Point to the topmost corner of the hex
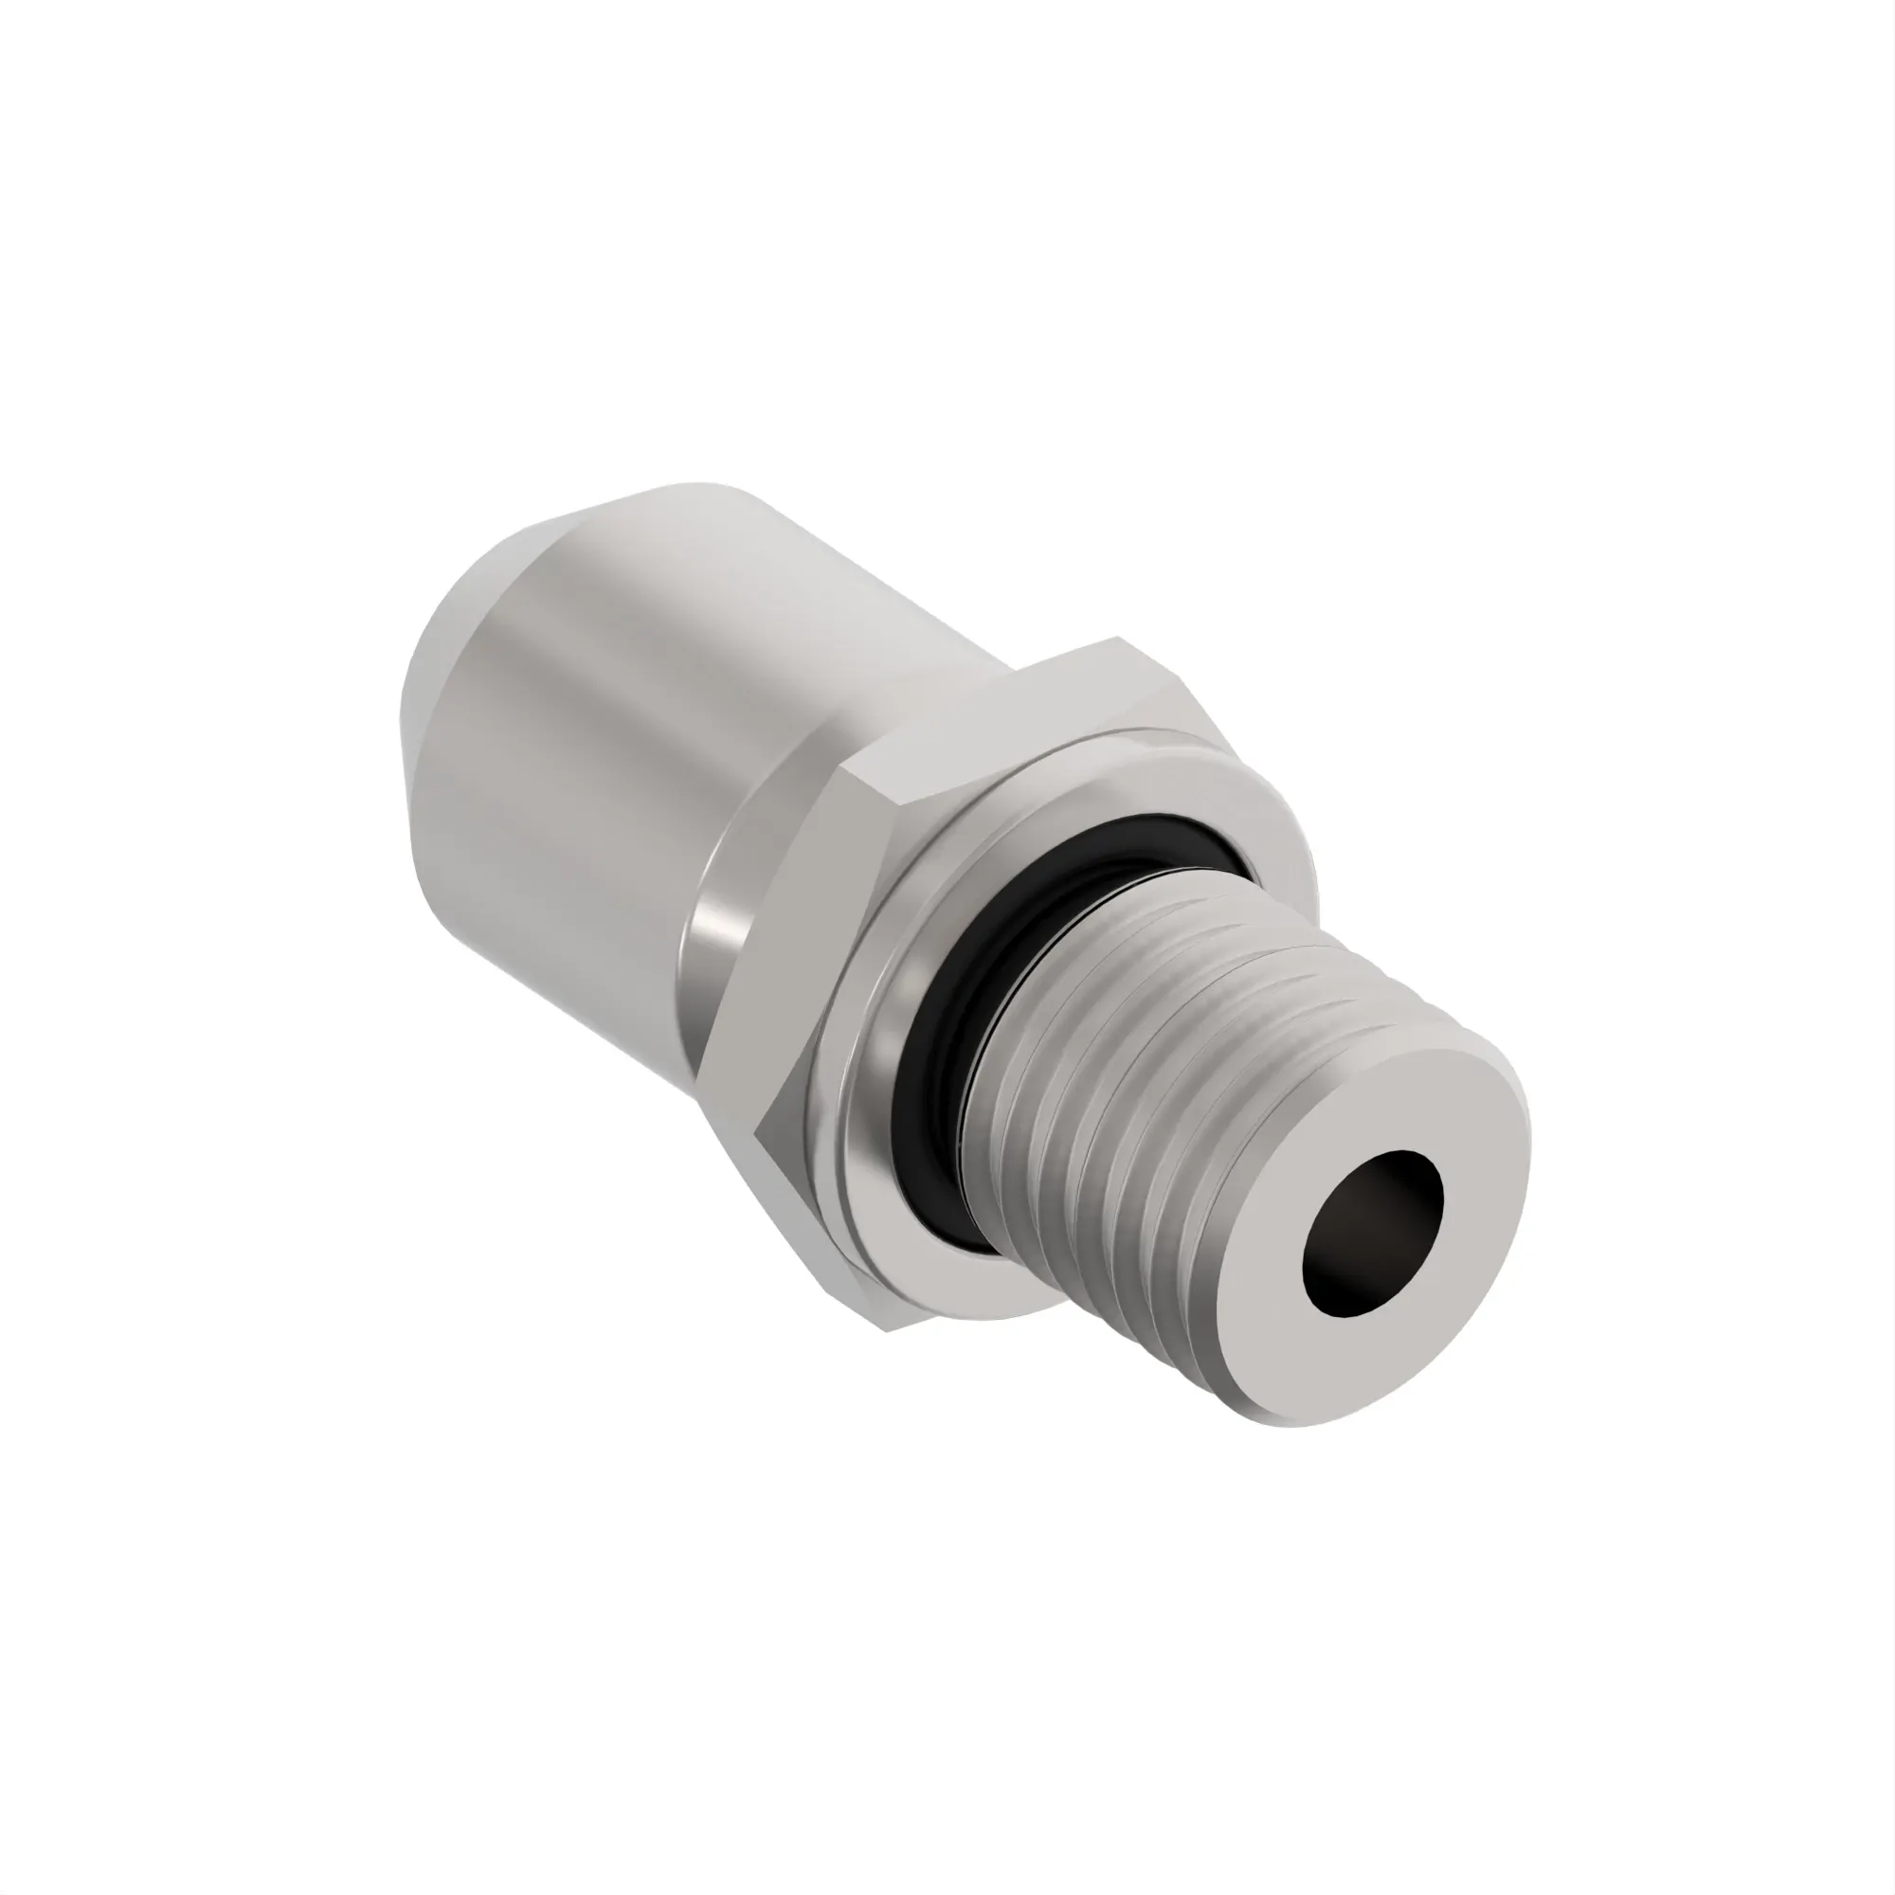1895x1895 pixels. point(1118,640)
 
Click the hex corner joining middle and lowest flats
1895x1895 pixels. point(757,1135)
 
